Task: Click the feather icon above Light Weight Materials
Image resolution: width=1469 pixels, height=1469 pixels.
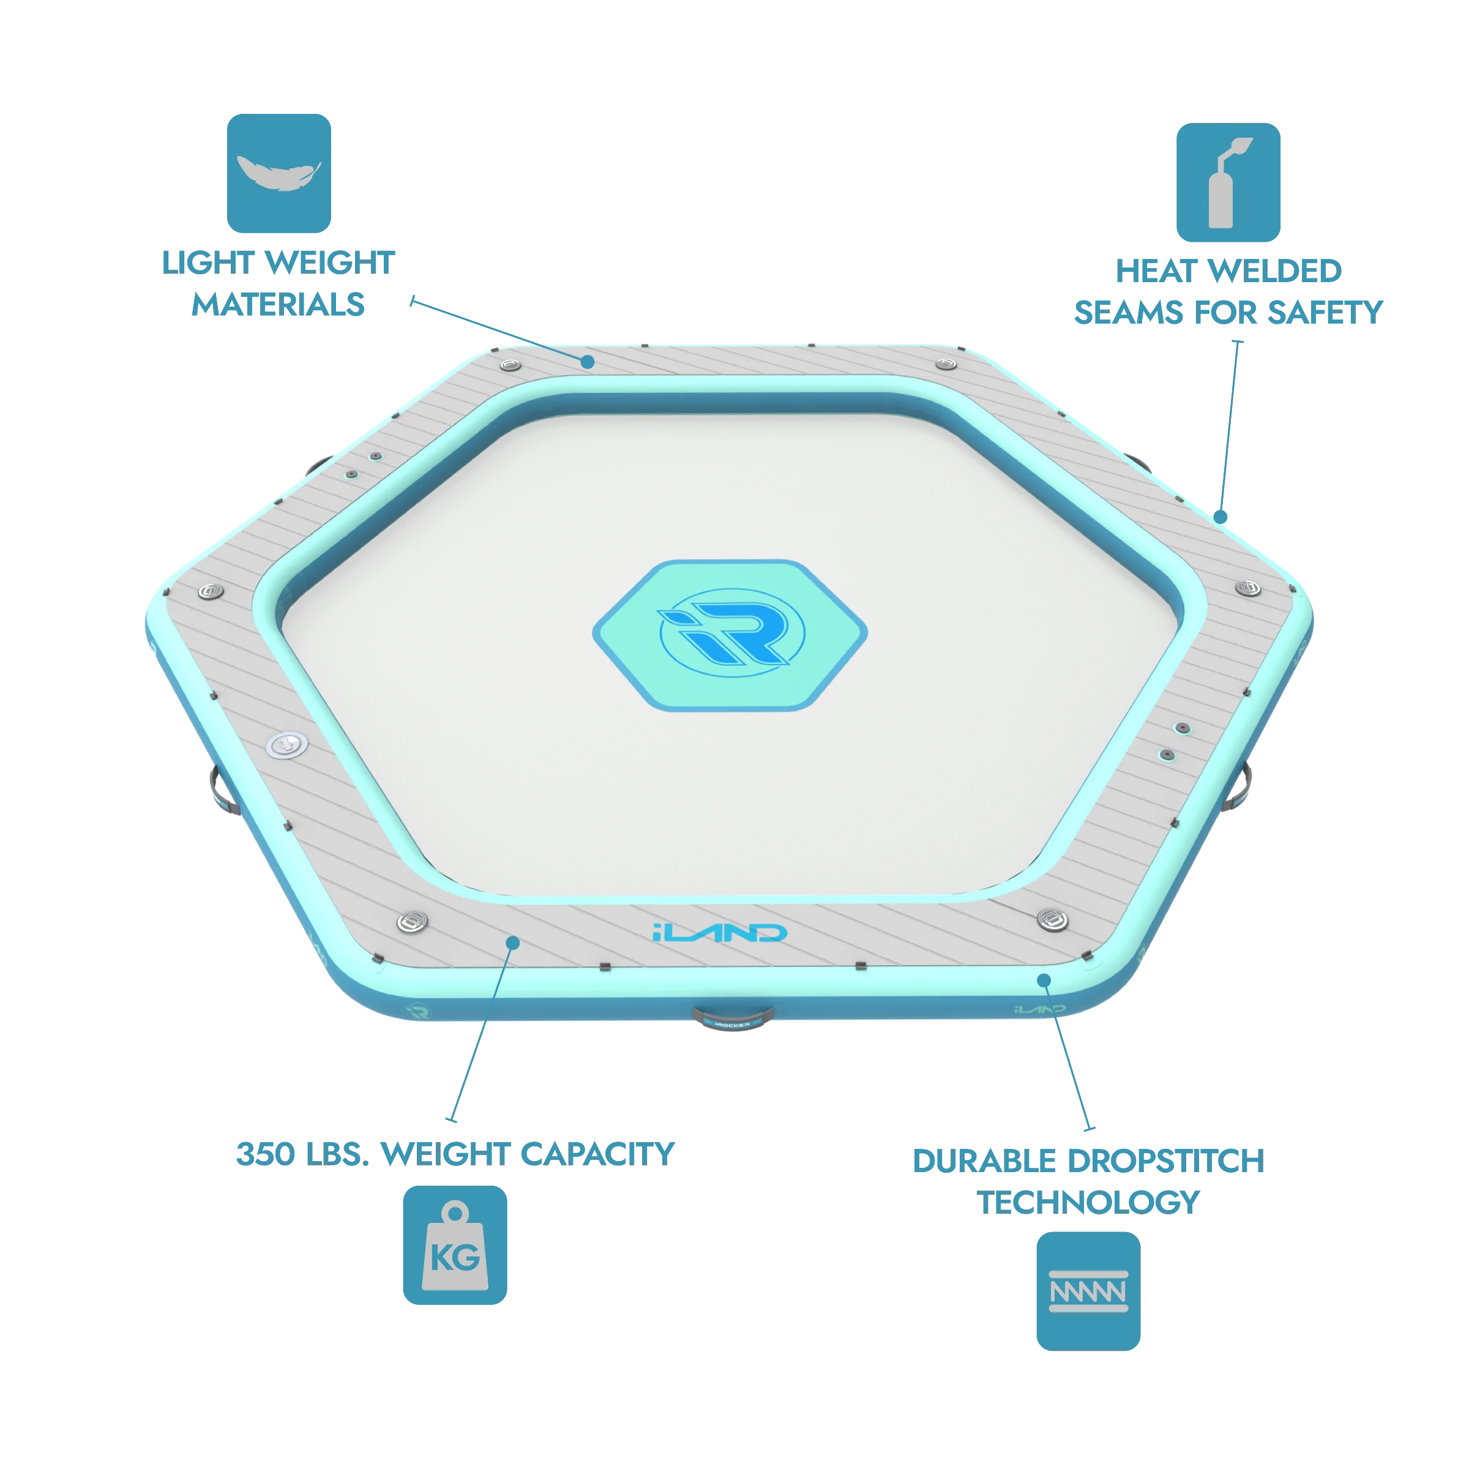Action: pos(278,173)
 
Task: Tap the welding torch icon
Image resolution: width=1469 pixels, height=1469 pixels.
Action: pos(1228,182)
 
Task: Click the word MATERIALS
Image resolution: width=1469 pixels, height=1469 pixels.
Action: pos(278,305)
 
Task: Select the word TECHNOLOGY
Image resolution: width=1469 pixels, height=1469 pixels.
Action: pos(1088,1203)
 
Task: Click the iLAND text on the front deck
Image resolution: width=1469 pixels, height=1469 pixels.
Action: pos(719,932)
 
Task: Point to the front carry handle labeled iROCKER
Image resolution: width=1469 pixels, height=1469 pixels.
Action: pos(733,1017)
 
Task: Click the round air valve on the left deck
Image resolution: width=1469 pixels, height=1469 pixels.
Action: pos(286,744)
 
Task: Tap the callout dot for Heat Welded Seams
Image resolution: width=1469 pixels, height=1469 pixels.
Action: pos(1220,517)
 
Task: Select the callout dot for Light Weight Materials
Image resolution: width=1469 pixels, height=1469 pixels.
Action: pos(588,362)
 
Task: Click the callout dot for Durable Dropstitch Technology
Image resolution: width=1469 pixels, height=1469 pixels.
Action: pos(1044,981)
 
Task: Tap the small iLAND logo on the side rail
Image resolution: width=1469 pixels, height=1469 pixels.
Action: pos(1040,1009)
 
